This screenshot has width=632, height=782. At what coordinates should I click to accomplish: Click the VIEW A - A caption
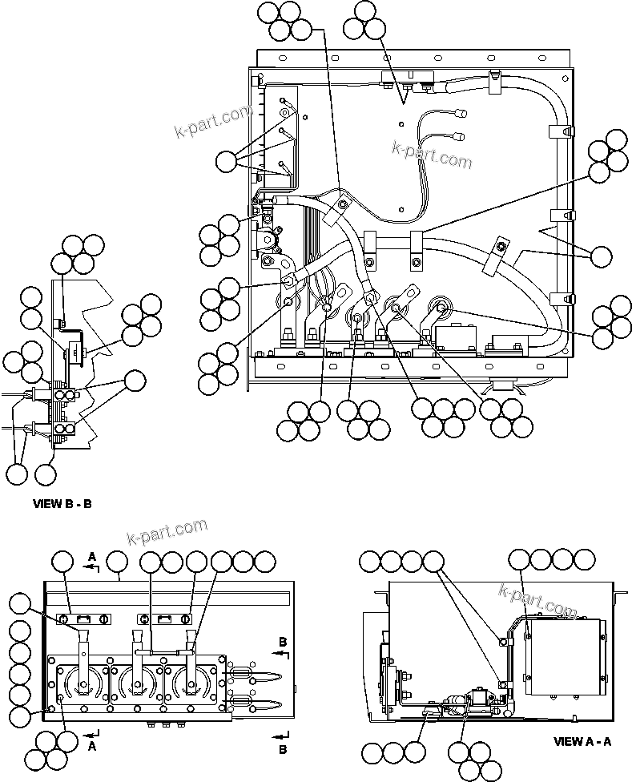(x=582, y=742)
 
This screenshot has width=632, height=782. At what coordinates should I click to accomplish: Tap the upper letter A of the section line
(x=92, y=556)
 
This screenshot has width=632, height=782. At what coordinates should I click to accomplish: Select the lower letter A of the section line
(x=92, y=745)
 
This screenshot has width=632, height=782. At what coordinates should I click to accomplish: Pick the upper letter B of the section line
(x=283, y=641)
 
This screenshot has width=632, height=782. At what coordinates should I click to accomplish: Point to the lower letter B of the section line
(x=283, y=750)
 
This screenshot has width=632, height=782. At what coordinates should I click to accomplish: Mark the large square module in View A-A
(x=564, y=657)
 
